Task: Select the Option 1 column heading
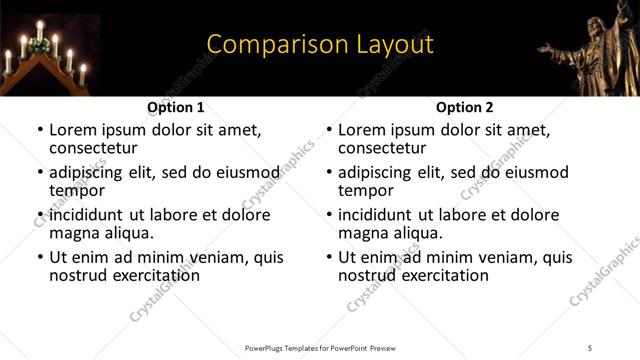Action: [176, 107]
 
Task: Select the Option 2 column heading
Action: [465, 107]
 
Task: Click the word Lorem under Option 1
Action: [74, 130]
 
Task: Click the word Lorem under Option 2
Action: [363, 130]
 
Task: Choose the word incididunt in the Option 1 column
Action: [95, 215]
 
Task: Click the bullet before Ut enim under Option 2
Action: [329, 258]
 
